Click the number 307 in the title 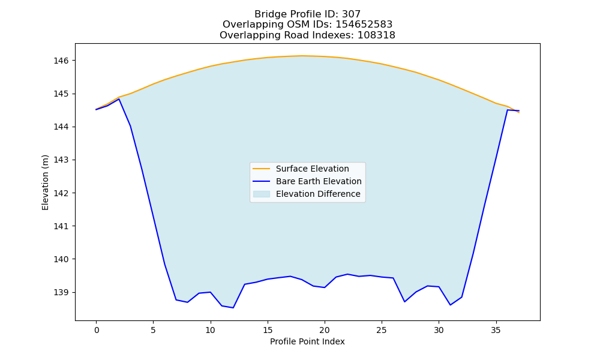351,14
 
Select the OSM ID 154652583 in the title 364,25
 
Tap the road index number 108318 376,35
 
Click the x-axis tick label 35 496,330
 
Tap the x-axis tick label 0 97,330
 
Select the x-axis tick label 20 325,330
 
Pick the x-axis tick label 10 210,330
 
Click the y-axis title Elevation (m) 45,182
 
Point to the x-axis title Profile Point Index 307,341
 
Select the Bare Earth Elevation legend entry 307,181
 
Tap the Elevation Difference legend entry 307,194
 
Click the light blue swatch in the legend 262,194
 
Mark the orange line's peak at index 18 302,56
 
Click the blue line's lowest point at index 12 233,308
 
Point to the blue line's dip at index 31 450,305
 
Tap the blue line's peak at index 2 119,99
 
